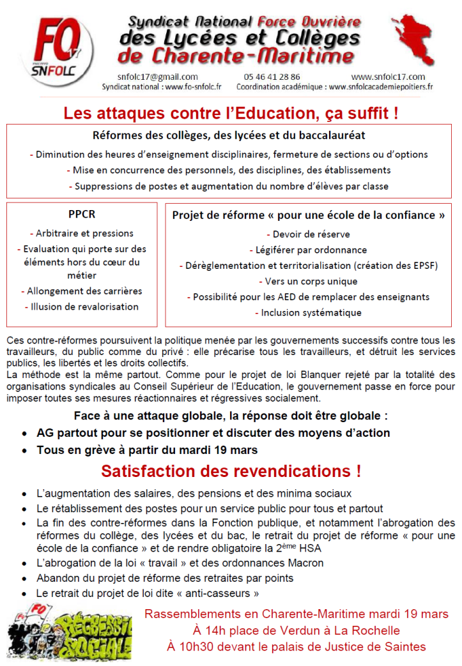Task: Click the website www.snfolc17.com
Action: point(388,77)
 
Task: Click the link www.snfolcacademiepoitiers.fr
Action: point(381,86)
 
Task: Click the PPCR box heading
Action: point(82,215)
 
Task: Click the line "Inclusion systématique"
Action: point(311,312)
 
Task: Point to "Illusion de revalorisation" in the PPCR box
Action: point(84,307)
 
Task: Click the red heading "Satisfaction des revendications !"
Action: point(231,472)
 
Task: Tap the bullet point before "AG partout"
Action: point(24,434)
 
